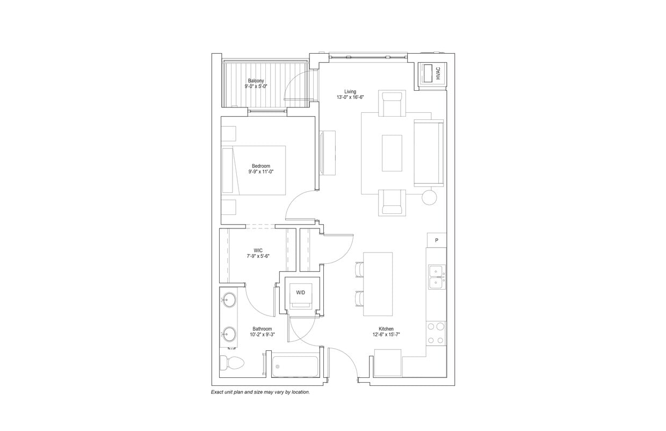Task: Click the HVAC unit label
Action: (x=438, y=73)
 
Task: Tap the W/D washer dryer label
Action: (x=301, y=292)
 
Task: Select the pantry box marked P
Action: (x=437, y=240)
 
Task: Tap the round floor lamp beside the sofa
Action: (x=429, y=197)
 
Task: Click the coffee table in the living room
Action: (x=392, y=153)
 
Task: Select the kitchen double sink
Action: (x=436, y=276)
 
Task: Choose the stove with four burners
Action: (x=436, y=333)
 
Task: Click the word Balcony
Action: (x=256, y=81)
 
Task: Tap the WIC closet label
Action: (x=258, y=250)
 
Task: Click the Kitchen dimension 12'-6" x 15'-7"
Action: (x=386, y=335)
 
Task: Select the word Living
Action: (x=350, y=91)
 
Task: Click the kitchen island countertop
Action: (x=378, y=284)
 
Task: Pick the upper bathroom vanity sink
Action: (x=230, y=299)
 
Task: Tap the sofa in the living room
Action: (x=429, y=153)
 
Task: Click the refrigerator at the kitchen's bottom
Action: (x=387, y=362)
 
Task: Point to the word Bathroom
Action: (x=262, y=329)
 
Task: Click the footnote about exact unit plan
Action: (x=260, y=392)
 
